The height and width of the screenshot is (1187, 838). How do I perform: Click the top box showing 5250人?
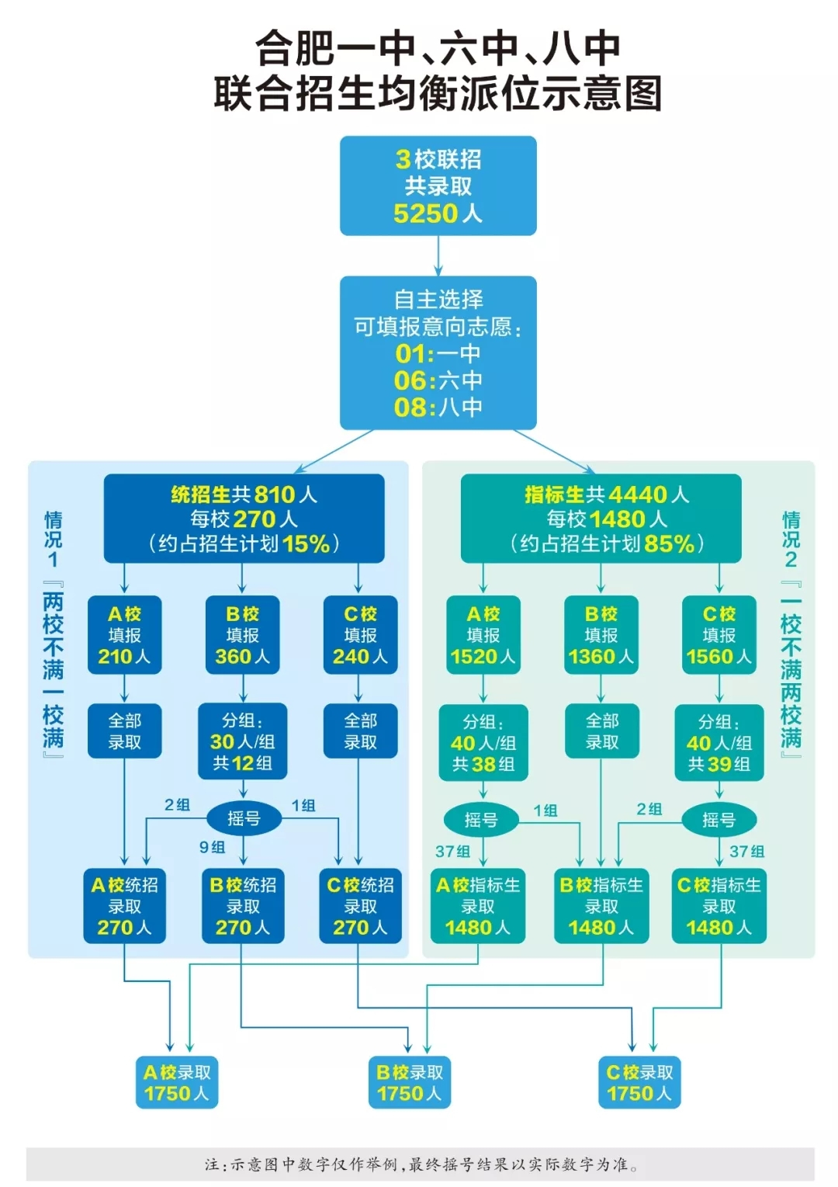(438, 186)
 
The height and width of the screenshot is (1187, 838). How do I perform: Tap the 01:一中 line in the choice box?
(438, 353)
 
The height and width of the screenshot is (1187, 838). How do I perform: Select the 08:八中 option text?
(438, 407)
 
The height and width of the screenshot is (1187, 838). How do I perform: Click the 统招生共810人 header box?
(244, 519)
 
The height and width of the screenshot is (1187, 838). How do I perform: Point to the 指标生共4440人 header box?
(601, 519)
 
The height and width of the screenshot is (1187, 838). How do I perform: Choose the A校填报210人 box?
(124, 635)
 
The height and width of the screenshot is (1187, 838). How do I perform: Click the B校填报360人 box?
(243, 635)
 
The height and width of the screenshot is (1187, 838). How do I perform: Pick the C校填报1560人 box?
(719, 635)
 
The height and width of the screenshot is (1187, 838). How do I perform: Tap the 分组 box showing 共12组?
(243, 741)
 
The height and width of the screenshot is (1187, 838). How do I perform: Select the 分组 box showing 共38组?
(483, 742)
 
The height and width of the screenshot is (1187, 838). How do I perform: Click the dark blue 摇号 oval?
(244, 818)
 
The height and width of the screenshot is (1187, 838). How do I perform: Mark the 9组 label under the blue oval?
(213, 847)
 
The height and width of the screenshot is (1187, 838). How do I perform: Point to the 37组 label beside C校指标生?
(747, 852)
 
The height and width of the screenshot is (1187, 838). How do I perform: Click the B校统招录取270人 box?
(243, 906)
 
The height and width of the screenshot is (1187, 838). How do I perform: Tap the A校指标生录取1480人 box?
(478, 906)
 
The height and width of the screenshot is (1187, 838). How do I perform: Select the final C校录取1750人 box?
(639, 1082)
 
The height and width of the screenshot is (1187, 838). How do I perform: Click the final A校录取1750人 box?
(177, 1082)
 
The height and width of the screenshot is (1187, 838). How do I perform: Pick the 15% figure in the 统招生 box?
(306, 544)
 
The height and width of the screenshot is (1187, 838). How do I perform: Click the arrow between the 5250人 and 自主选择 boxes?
(438, 256)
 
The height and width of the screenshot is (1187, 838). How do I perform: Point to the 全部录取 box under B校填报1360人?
(602, 731)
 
